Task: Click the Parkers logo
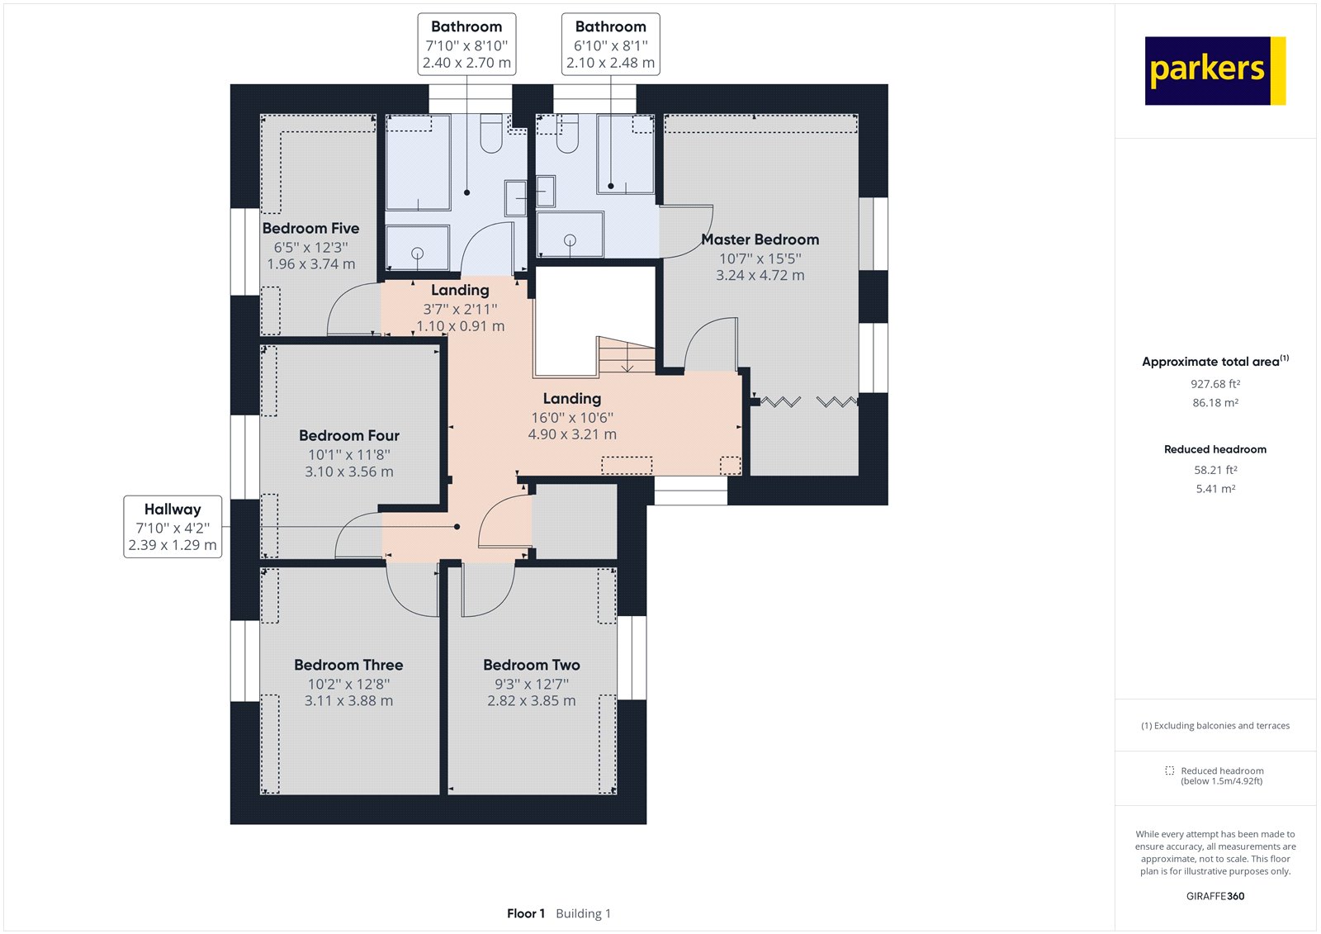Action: coord(1214,70)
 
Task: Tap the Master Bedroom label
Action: coord(760,239)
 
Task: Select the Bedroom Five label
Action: coord(310,228)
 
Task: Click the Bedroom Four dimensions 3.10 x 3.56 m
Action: coord(348,472)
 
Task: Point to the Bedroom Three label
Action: coord(348,665)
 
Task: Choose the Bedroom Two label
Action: coord(531,665)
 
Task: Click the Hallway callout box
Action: coord(173,527)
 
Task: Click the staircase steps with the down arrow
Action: coord(627,357)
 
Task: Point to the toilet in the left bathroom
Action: coord(490,135)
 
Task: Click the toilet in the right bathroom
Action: coord(566,135)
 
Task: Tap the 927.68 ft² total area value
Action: coord(1214,384)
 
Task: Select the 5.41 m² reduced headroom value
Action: coord(1214,489)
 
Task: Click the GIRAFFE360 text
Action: coord(1214,896)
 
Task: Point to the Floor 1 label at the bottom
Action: coord(526,913)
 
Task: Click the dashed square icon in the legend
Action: coord(1169,770)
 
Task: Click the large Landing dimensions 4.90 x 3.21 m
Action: coord(571,434)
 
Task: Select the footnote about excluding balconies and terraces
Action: coord(1214,726)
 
